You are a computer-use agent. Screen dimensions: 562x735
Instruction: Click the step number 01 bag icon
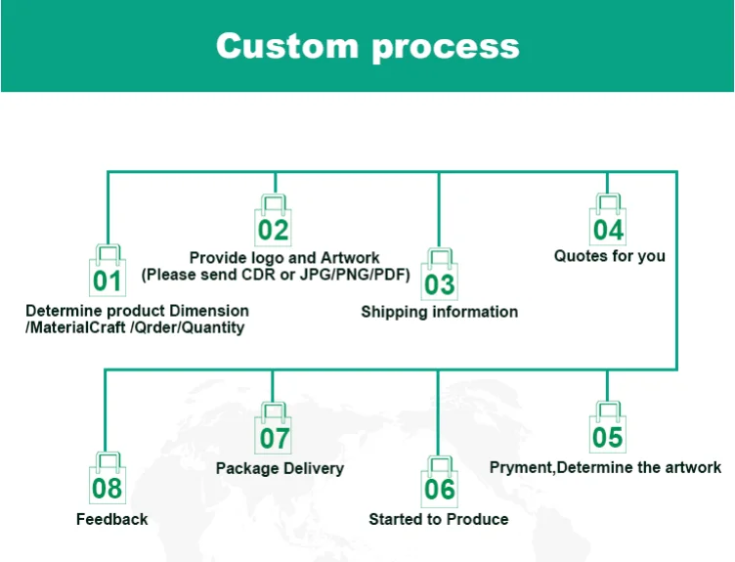(x=108, y=275)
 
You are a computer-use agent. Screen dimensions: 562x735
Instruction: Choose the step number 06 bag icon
(x=440, y=481)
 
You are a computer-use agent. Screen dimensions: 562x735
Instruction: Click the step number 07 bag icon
(x=274, y=430)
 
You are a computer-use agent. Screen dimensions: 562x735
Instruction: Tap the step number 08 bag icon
(x=108, y=481)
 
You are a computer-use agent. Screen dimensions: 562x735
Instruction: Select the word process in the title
(x=446, y=47)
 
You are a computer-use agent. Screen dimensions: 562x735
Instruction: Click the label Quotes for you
(x=609, y=256)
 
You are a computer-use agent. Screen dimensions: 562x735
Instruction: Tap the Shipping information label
(x=440, y=312)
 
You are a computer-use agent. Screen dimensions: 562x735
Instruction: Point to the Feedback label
(x=111, y=519)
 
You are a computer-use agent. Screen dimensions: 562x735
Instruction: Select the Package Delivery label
(x=280, y=468)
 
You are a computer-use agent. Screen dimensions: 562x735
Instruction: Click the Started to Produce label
(x=438, y=519)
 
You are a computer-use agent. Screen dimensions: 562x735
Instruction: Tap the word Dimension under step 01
(x=208, y=311)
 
